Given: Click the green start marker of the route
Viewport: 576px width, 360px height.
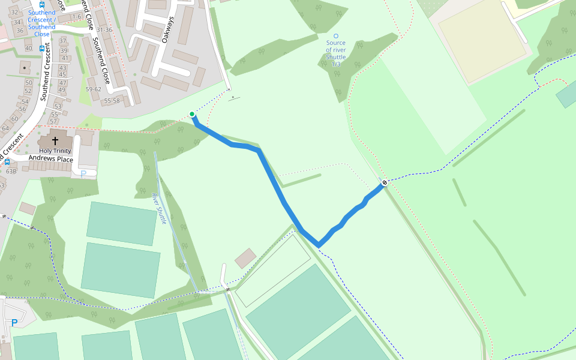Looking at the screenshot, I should (x=192, y=114).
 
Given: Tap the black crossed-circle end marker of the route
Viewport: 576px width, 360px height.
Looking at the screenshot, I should (x=385, y=182).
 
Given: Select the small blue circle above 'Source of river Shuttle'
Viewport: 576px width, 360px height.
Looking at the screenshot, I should (x=335, y=37).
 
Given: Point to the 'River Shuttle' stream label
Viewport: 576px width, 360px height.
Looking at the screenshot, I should (x=160, y=208).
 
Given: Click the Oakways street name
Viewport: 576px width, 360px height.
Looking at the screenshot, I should (x=167, y=29).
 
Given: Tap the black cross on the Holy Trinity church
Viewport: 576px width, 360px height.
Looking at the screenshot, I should (x=55, y=140).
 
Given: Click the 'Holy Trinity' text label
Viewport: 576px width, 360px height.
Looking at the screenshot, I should (x=55, y=151).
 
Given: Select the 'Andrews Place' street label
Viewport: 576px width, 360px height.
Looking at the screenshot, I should (x=51, y=159).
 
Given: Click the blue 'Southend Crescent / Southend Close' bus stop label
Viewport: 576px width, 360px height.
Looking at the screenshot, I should (x=41, y=23).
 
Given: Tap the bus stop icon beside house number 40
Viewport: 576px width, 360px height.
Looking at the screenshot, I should (x=41, y=48).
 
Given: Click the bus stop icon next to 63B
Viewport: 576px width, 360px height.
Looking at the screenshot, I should (x=7, y=162).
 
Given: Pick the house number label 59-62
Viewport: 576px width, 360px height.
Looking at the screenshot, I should (x=93, y=89).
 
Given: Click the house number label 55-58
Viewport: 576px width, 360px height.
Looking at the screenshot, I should (x=112, y=101).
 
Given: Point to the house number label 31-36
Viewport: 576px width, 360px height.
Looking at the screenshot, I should (x=104, y=30).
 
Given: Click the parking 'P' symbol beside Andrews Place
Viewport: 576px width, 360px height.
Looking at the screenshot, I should (x=83, y=173).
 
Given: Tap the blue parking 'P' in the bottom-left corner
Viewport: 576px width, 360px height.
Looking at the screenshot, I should (x=14, y=323).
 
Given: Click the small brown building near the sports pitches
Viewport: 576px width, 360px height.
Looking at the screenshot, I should (x=245, y=259).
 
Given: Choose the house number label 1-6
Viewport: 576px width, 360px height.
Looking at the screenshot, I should (x=76, y=17).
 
